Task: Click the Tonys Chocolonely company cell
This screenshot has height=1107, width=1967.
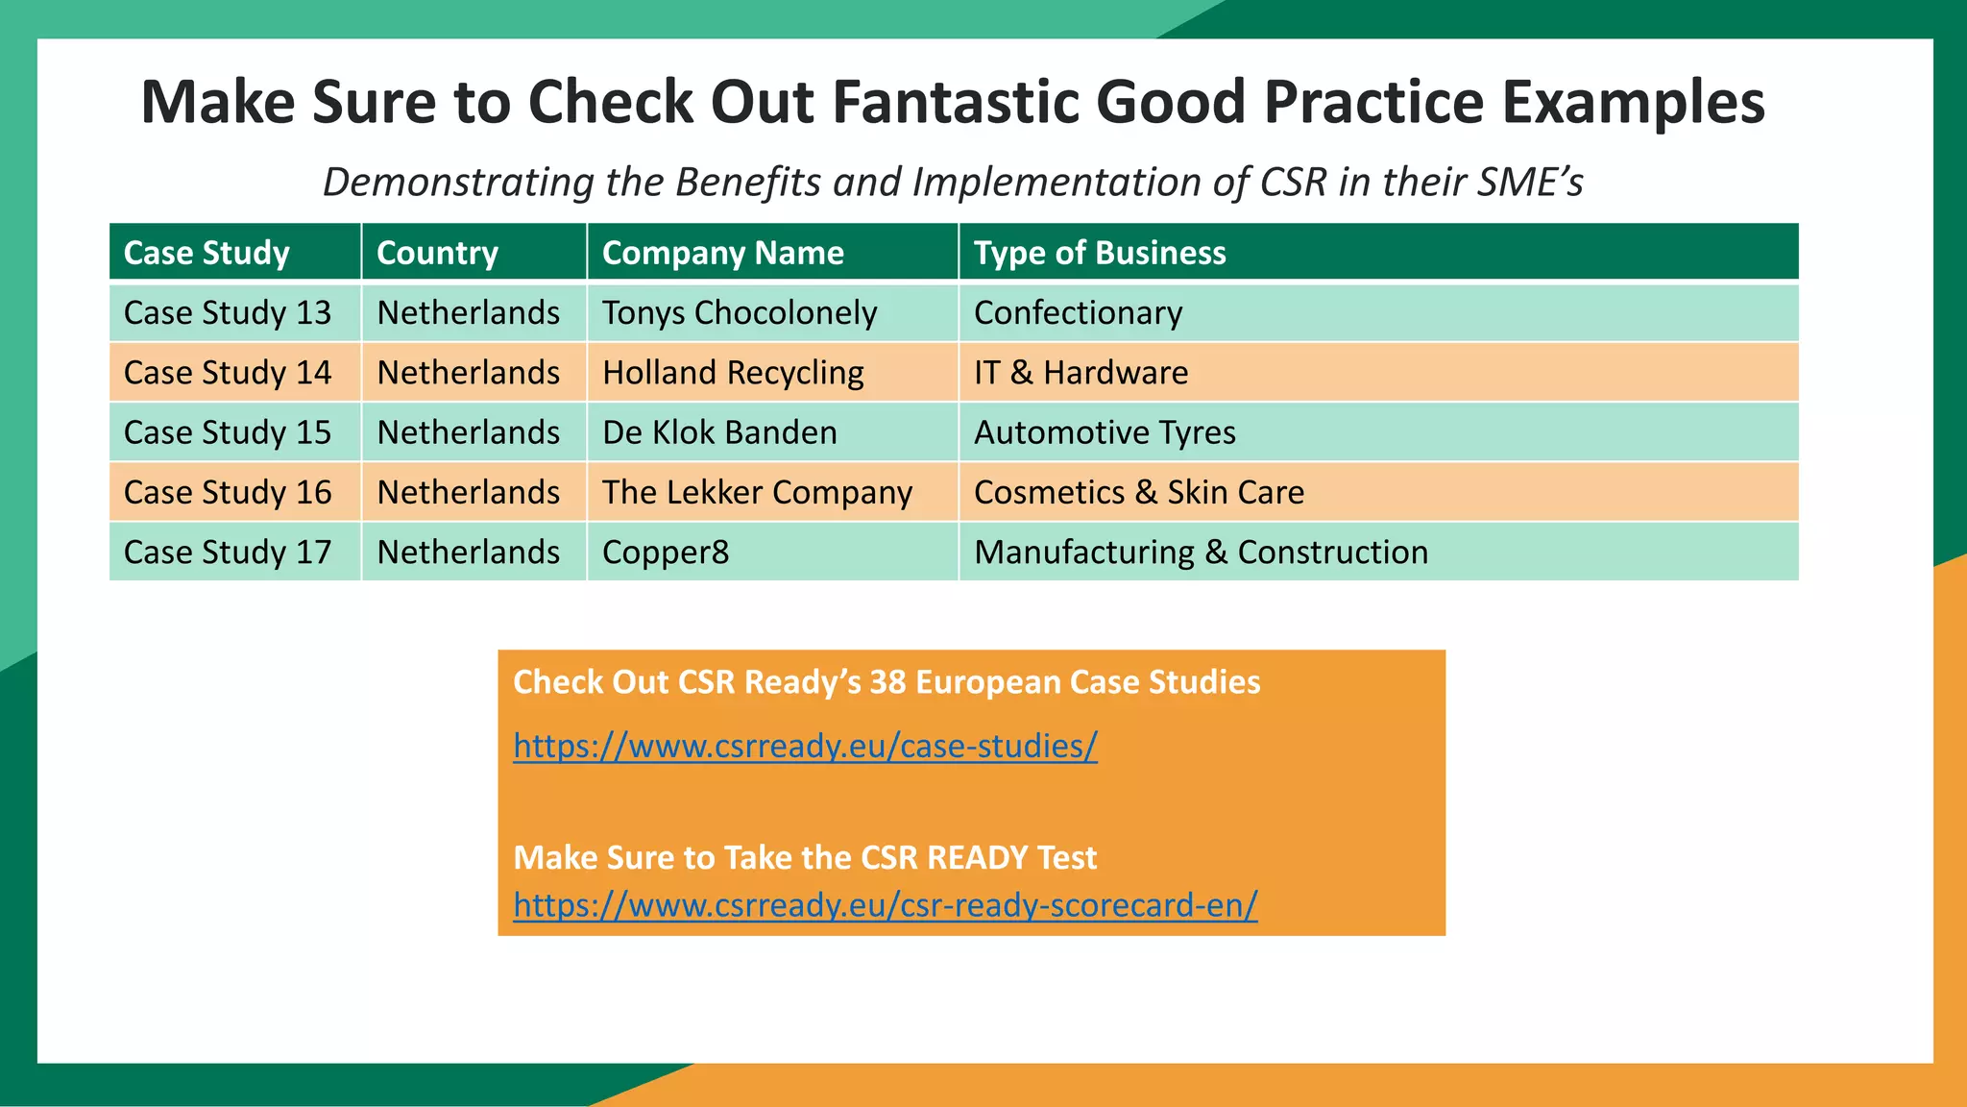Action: tap(739, 313)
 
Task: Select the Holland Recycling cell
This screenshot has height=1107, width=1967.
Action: tap(733, 373)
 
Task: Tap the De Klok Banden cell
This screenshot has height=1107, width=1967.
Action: tap(719, 432)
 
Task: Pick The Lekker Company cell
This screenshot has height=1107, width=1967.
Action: tap(757, 492)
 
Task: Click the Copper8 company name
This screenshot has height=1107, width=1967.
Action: tap(666, 553)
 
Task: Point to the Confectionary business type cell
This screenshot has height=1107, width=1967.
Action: tap(1078, 313)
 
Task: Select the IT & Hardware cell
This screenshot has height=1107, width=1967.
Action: tap(1081, 373)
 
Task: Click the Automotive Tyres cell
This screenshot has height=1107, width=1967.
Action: tap(1105, 432)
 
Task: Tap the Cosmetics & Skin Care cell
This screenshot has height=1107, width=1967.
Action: tap(1139, 492)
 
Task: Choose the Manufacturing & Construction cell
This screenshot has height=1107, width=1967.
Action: tap(1201, 553)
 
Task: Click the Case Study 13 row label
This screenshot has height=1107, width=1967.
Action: tap(228, 313)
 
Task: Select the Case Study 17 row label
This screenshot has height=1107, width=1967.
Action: tap(228, 553)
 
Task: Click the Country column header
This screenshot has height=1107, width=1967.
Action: tap(437, 253)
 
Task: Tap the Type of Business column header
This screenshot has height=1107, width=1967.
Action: tap(1100, 253)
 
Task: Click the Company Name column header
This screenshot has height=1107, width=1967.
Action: tap(722, 253)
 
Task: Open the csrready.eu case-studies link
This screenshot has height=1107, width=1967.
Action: tap(805, 746)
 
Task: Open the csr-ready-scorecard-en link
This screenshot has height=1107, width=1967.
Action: tap(885, 905)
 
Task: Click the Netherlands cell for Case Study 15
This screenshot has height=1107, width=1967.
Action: tap(468, 432)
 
